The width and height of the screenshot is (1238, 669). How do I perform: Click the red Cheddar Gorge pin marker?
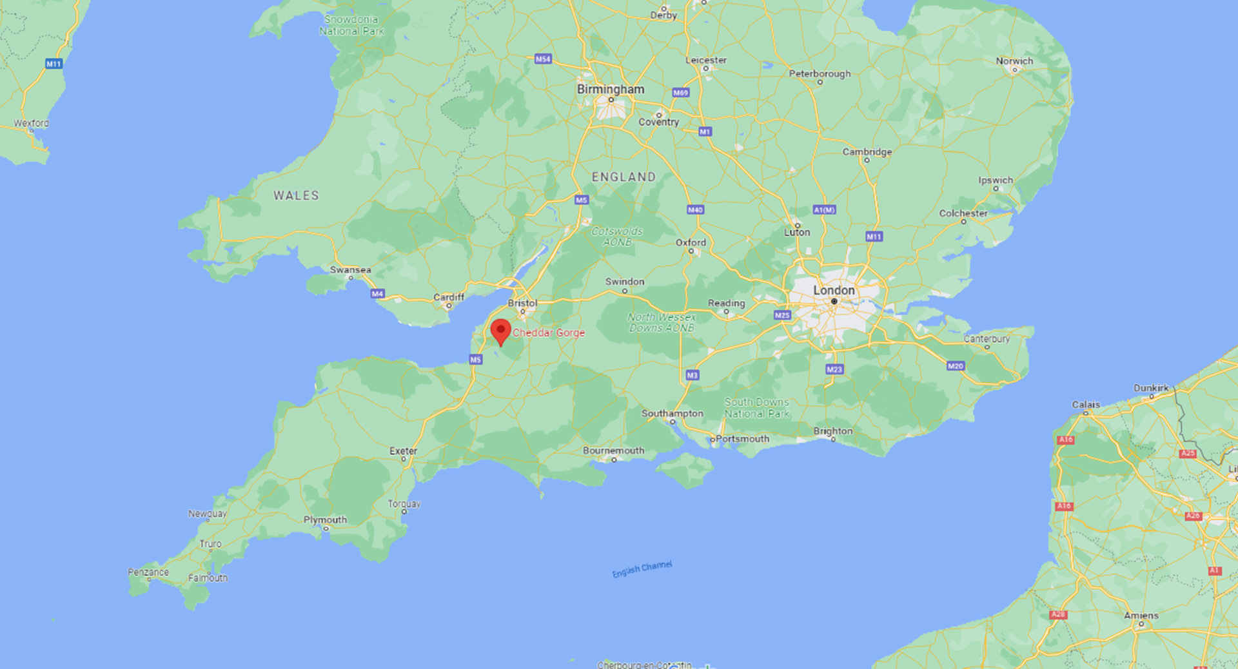[x=500, y=331]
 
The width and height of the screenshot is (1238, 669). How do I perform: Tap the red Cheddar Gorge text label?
[x=549, y=333]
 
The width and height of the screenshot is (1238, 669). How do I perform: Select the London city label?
[x=834, y=291]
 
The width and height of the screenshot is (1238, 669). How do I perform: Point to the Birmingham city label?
[x=610, y=90]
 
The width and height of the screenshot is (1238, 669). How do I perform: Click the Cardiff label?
[x=448, y=297]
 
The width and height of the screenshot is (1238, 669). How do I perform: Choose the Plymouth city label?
[x=325, y=519]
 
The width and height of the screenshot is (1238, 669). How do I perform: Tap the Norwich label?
[x=1014, y=61]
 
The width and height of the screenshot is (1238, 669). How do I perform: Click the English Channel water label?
[x=642, y=568]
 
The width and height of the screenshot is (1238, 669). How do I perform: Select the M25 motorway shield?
[x=782, y=315]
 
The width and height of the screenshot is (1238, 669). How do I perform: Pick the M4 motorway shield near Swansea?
[x=377, y=294]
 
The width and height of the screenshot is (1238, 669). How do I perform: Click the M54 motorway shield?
[x=543, y=59]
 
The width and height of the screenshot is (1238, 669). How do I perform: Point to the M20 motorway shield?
[x=955, y=366]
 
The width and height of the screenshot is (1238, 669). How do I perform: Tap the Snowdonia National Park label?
[x=351, y=25]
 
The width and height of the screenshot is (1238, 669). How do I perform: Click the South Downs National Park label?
[x=756, y=408]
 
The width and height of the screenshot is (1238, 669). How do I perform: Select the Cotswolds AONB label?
[x=616, y=237]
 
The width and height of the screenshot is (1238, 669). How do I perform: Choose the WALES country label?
[x=296, y=195]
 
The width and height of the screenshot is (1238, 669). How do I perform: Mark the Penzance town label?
[x=148, y=572]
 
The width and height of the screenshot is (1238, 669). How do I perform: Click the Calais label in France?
[x=1086, y=405]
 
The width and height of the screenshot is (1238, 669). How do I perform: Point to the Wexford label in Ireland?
[x=31, y=123]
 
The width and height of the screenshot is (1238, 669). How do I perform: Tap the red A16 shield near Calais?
[x=1065, y=440]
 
